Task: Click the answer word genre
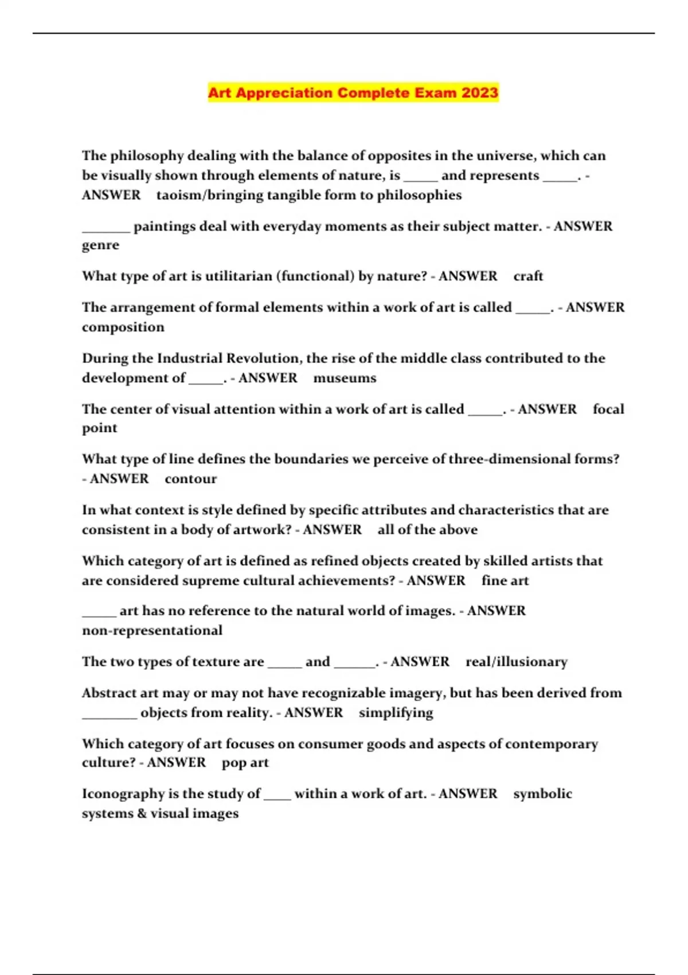pos(100,245)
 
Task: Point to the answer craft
pos(528,276)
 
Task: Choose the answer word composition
pos(123,327)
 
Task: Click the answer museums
pos(345,379)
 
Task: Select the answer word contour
pos(190,479)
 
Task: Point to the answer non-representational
pos(152,631)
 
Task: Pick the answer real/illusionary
pos(516,662)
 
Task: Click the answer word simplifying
pos(396,713)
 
